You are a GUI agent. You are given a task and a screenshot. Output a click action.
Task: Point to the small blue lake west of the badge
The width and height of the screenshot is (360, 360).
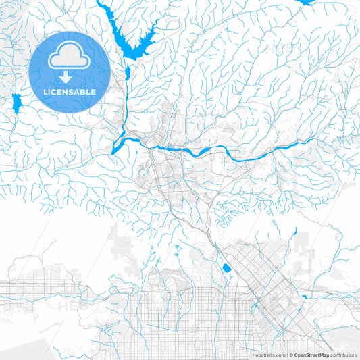[16, 103]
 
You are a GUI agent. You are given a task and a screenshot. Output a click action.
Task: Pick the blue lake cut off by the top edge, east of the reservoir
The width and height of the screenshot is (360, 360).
[307, 2]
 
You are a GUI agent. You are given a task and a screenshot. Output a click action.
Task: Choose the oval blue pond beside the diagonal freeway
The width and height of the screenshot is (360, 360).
[226, 268]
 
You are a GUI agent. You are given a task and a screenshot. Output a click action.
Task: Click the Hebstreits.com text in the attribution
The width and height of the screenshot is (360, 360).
[269, 355]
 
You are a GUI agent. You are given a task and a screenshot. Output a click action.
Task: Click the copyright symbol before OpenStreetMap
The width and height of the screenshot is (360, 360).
[291, 355]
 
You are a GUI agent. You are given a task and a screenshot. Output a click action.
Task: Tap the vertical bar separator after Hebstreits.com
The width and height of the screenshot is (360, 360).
[286, 355]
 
